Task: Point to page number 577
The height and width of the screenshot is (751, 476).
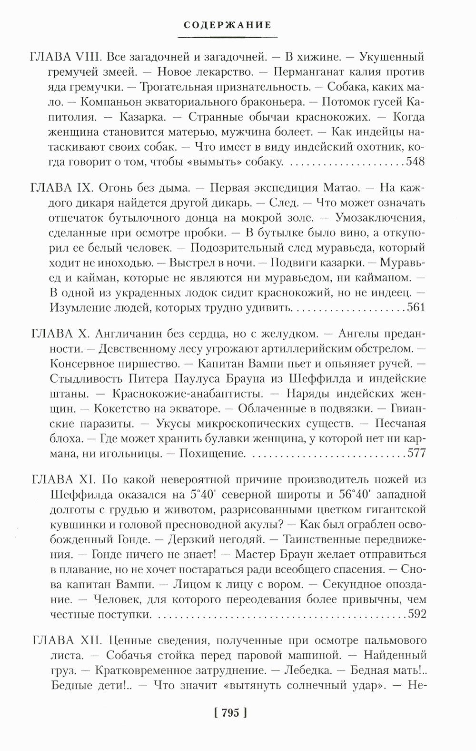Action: [416, 453]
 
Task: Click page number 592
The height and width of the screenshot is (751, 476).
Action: [416, 614]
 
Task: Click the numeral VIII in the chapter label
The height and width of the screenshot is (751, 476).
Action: [88, 58]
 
